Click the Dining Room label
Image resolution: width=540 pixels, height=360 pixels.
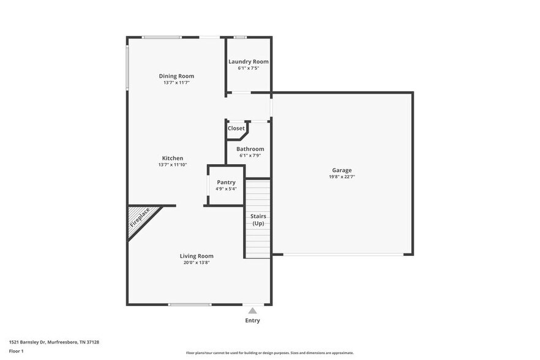(176, 77)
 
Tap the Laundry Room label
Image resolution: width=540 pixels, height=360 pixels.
(249, 62)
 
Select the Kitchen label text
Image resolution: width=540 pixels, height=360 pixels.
(172, 159)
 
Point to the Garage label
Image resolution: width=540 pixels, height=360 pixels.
(342, 170)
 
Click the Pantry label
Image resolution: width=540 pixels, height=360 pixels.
(226, 182)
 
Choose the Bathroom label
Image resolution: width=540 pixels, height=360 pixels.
(250, 149)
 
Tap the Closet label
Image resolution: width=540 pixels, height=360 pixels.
(236, 129)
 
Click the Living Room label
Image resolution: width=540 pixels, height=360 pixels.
(197, 256)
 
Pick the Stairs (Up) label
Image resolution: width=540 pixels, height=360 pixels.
(258, 220)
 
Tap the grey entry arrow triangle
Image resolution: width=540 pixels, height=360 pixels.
(252, 311)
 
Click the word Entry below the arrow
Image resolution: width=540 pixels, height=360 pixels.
(252, 320)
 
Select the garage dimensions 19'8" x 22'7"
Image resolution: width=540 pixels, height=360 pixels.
(342, 177)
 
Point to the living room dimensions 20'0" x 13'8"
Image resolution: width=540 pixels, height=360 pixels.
(197, 263)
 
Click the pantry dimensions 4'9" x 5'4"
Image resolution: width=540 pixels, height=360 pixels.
(226, 189)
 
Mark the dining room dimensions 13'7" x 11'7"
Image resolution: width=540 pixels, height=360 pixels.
(176, 83)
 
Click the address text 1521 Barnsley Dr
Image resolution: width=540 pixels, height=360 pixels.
(54, 342)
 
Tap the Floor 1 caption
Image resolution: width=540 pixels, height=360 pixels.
(16, 351)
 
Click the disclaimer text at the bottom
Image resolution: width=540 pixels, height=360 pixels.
(269, 353)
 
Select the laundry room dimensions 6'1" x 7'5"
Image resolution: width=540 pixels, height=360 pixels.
(249, 68)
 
